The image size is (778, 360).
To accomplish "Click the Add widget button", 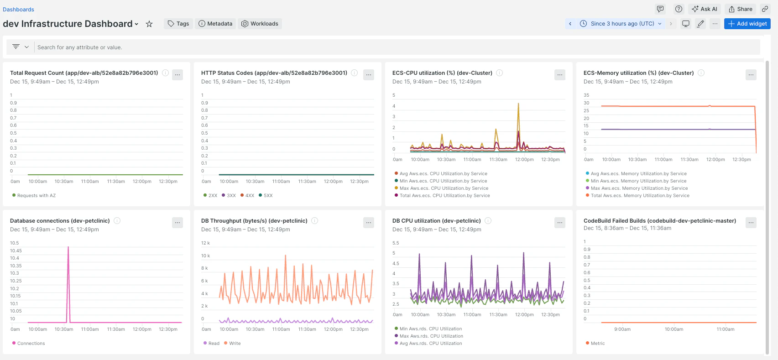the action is [x=747, y=24].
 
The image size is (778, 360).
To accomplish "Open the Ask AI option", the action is [x=705, y=9].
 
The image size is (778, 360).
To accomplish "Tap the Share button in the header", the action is [x=741, y=9].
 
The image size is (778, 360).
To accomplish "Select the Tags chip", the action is [x=178, y=24].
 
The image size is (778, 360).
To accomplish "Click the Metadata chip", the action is [x=215, y=24].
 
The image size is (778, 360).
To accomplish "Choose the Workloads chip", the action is [x=260, y=24].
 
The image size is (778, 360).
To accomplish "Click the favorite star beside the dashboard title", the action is [x=149, y=24].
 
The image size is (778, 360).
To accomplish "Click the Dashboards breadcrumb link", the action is [x=18, y=10].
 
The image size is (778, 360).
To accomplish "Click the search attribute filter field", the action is [x=396, y=47].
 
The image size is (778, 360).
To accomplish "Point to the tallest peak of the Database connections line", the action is [x=68, y=246].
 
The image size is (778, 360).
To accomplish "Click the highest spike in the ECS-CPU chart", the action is [x=518, y=103].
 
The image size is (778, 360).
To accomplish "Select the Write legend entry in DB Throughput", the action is [x=232, y=343].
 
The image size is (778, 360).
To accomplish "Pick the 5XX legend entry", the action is [x=266, y=195].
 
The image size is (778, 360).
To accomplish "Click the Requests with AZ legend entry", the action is [x=34, y=195].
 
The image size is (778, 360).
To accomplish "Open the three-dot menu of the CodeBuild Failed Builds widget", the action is [x=751, y=223].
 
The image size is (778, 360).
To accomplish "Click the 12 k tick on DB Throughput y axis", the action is [x=206, y=243].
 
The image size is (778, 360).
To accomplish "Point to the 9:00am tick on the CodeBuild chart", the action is [x=622, y=329].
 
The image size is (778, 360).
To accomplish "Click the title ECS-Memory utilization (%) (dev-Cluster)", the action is [x=638, y=73].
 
